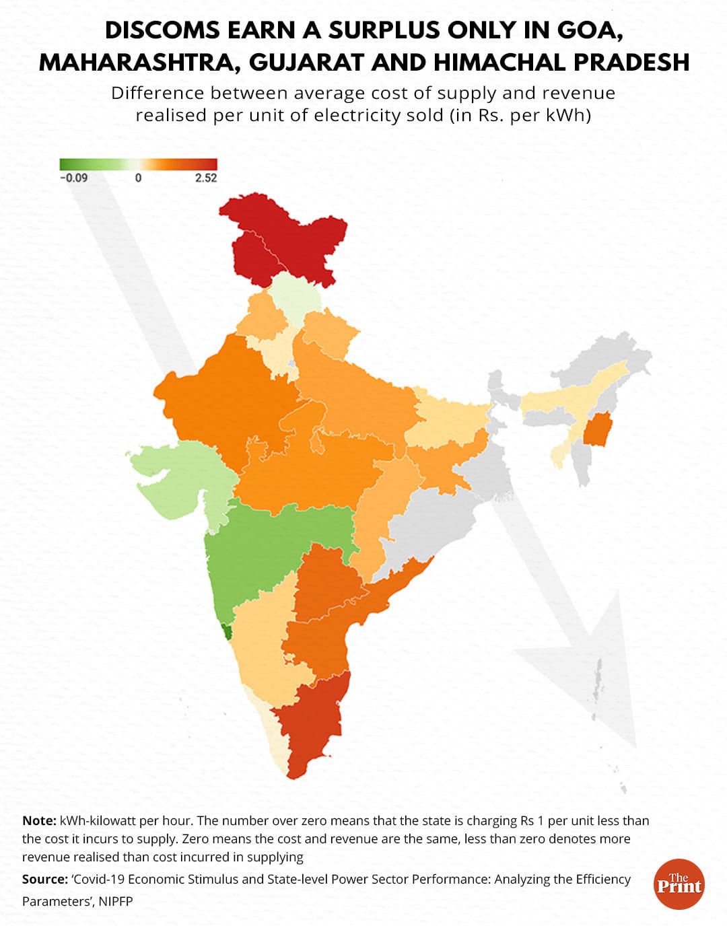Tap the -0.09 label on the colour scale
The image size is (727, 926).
[x=73, y=178]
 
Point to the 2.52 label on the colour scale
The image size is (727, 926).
[x=206, y=178]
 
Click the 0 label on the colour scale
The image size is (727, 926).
[x=138, y=178]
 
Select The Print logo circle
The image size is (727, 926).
[x=679, y=884]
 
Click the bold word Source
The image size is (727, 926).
[x=44, y=880]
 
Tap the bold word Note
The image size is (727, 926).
[x=38, y=821]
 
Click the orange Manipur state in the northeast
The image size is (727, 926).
[x=596, y=431]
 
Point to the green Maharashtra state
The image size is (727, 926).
[x=269, y=545]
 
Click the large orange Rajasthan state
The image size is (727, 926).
[x=222, y=404]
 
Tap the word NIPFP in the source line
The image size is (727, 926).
[x=116, y=901]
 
